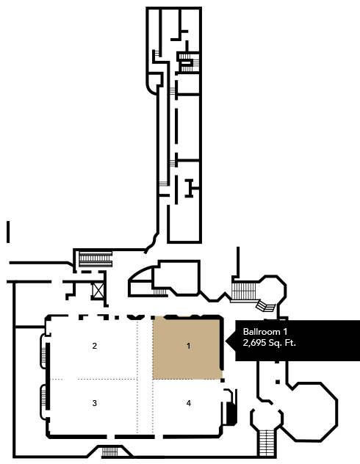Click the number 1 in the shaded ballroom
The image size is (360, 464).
[189, 346]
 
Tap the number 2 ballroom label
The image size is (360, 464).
[95, 346]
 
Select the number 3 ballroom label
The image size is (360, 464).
[95, 403]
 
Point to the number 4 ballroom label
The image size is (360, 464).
[189, 403]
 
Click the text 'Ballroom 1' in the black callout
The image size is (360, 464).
[265, 331]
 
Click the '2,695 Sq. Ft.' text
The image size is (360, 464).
[270, 343]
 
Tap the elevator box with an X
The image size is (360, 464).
[98, 290]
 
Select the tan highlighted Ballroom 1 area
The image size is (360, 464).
[187, 348]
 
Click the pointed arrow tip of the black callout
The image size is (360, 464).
[226, 341]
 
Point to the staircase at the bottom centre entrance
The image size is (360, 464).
[109, 452]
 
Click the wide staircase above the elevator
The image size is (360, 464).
[96, 258]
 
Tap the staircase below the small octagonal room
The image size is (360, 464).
[267, 443]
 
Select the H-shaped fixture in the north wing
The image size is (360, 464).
[189, 188]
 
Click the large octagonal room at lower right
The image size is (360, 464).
[311, 411]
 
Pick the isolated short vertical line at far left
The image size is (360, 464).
[8, 232]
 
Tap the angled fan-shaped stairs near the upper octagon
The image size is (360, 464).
[265, 306]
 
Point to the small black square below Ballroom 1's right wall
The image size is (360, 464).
[223, 380]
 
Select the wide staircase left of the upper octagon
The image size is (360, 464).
[243, 291]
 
